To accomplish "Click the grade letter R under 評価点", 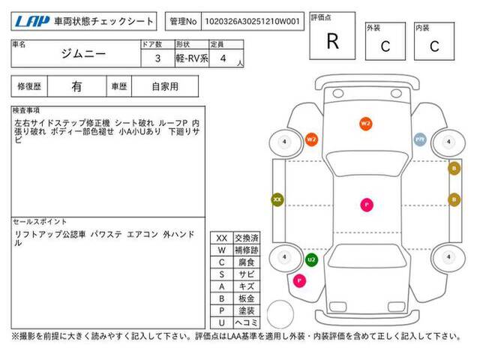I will (332, 42).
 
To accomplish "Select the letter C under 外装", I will (385, 46).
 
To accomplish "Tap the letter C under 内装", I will (433, 46).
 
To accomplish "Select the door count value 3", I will (157, 57).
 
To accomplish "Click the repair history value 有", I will (76, 86).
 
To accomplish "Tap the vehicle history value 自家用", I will (165, 86).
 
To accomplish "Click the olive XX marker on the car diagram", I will (277, 199).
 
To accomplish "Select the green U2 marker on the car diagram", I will (311, 259).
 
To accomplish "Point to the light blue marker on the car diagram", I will (420, 139).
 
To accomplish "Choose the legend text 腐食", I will (246, 262).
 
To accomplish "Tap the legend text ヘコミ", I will (246, 322).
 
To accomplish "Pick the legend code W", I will (221, 250).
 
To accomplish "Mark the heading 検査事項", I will (27, 110).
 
